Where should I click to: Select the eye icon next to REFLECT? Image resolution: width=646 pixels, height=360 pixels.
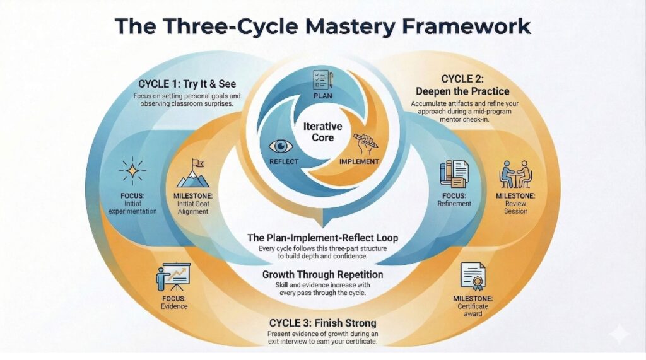[x=281, y=146]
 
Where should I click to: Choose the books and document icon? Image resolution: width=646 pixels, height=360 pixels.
[x=454, y=173]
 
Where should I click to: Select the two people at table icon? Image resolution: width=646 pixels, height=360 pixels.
[x=515, y=173]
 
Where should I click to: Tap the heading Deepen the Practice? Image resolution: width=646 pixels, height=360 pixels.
[x=471, y=91]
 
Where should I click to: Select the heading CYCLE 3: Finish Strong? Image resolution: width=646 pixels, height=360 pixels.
[x=322, y=322]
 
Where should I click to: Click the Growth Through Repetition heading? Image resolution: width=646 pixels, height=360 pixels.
[x=322, y=275]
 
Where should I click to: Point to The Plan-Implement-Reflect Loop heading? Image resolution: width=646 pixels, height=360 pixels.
[x=322, y=238]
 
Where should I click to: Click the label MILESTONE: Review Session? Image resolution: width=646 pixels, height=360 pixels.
[x=515, y=204]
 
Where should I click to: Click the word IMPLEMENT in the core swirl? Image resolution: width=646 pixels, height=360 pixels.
[x=359, y=161]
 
